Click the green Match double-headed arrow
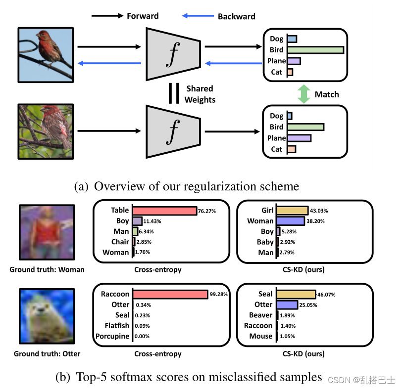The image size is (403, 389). tap(304, 94)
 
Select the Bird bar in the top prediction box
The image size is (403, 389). tap(315, 50)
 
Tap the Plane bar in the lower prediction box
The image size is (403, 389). tap(299, 138)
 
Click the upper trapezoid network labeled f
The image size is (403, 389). tap(173, 54)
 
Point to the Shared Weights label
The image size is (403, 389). tap(200, 94)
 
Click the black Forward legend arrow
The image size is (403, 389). tap(107, 16)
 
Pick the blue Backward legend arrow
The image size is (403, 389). tap(198, 16)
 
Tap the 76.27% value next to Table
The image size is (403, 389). tap(207, 211)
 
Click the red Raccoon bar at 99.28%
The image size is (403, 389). tap(169, 295)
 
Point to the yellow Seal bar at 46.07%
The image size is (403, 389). tap(296, 295)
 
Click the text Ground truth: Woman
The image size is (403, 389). tap(47, 270)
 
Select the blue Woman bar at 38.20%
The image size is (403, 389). tap(290, 221)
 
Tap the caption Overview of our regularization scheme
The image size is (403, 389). tap(186, 186)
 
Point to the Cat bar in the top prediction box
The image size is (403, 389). tap(290, 72)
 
